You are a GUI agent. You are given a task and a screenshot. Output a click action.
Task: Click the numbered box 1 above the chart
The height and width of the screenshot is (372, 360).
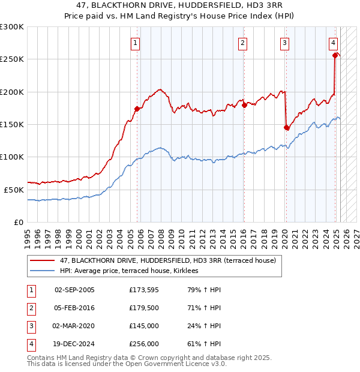tap(136, 43)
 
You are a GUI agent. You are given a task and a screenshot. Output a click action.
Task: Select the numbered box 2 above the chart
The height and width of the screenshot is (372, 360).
tap(242, 43)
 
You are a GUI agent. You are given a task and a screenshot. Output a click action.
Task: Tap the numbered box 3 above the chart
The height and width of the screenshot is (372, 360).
tap(284, 43)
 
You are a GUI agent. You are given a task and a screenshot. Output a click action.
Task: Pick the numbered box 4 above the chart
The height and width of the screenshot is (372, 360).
tap(333, 43)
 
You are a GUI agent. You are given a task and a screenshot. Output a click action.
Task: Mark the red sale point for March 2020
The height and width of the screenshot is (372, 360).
tap(286, 127)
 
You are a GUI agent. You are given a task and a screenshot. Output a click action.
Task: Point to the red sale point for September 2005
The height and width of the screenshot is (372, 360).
tap(137, 109)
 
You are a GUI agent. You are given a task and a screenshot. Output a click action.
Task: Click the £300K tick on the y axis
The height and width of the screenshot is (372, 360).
tap(12, 27)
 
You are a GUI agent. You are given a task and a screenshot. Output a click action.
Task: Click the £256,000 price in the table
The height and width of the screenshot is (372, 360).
tap(144, 344)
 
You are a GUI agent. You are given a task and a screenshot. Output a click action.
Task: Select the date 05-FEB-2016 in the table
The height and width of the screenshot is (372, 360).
tap(74, 308)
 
